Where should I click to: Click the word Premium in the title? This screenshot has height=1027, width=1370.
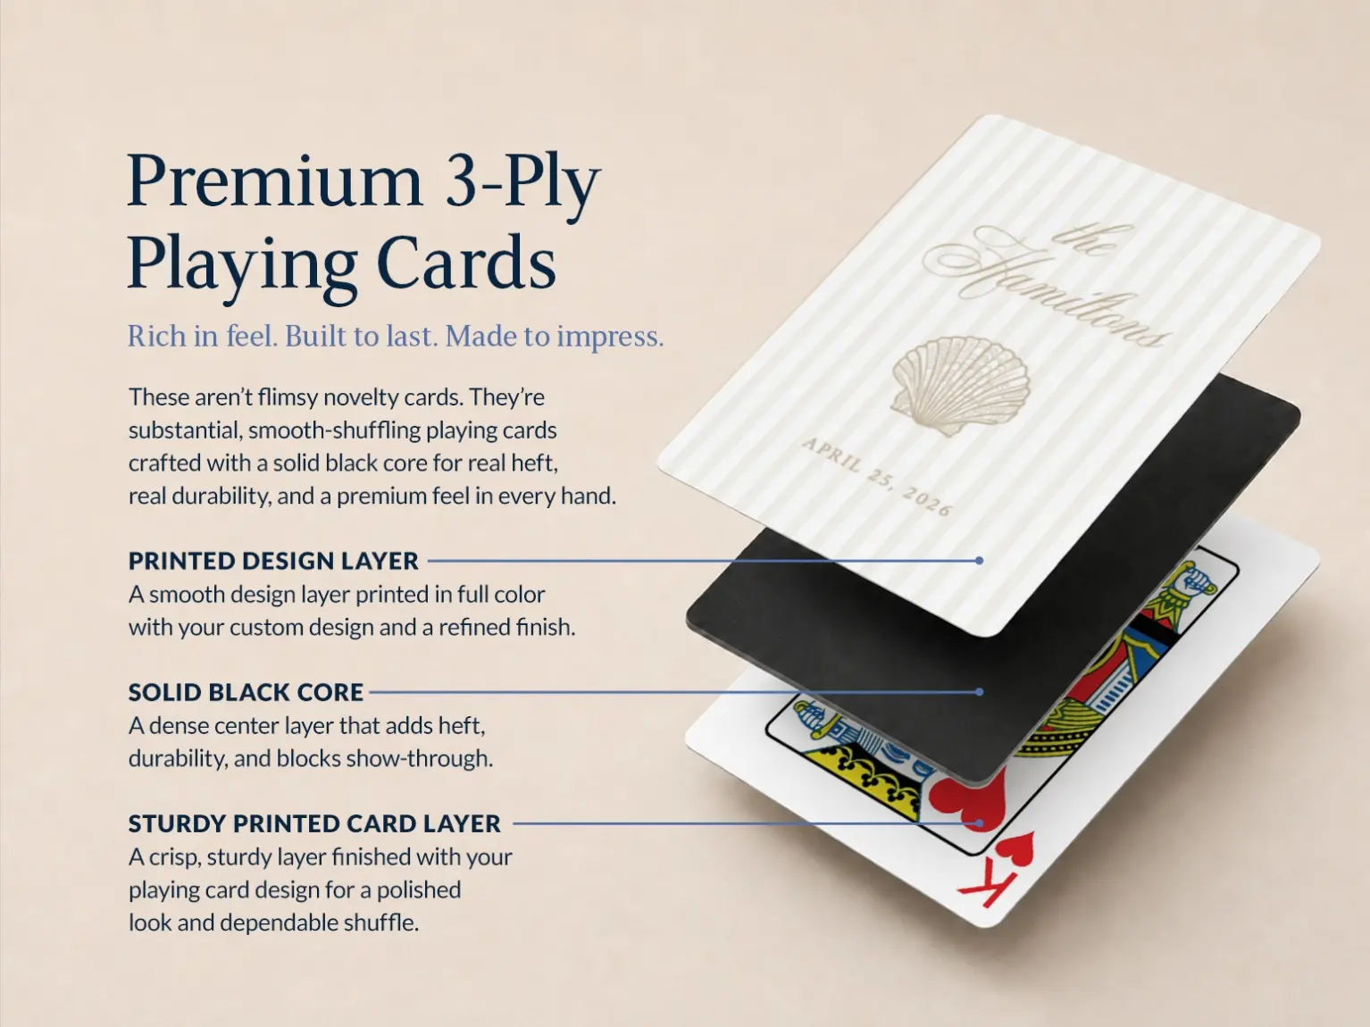point(275,181)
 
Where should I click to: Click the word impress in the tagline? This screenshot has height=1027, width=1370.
point(610,337)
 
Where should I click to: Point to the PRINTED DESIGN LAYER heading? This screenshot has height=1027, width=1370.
point(273,561)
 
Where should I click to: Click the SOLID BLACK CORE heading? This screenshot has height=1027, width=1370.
point(246,693)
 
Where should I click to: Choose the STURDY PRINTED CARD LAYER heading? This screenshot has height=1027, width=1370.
point(314,823)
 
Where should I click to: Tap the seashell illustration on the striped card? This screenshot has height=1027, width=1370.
point(960,385)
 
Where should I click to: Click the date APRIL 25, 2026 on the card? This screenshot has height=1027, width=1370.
point(877,477)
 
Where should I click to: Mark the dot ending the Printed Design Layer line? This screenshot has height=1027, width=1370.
point(980,561)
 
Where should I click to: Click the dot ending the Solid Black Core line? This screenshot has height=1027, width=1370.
point(980,692)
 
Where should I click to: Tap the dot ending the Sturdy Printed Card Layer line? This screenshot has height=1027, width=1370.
point(980,823)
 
